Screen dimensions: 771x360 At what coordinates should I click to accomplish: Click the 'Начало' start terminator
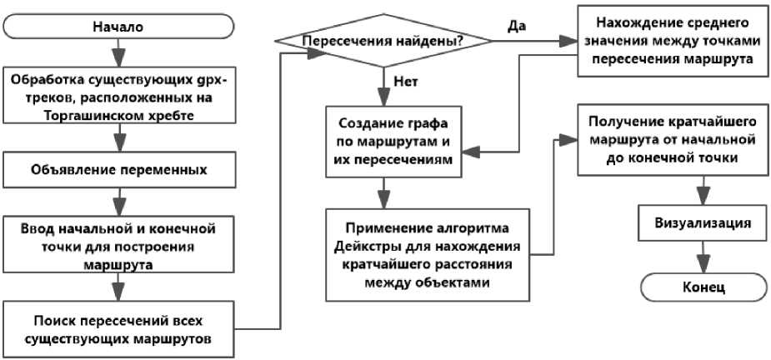pos(118,27)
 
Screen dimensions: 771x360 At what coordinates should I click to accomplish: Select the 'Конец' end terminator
pos(703,287)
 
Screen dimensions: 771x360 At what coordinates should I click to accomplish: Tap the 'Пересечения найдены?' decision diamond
pos(383,42)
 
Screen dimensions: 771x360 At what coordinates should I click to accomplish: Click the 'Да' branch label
pos(517,26)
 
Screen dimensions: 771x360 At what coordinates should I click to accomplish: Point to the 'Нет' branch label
pos(406,82)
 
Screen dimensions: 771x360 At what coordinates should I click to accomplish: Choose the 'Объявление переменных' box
pos(118,171)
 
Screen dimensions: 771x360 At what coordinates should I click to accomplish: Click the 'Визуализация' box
pos(703,222)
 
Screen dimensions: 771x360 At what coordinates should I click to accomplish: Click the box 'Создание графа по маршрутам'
pos(393,140)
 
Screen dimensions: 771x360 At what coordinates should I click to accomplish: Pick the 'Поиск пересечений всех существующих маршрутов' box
pos(118,329)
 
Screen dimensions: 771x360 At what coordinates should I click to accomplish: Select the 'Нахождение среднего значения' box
pos(673,42)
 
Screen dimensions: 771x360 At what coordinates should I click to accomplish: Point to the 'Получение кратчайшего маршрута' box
pos(673,139)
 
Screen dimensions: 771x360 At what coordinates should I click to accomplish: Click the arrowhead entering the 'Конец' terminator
pos(703,266)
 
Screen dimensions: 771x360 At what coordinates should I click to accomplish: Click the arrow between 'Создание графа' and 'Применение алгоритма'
pos(383,193)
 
